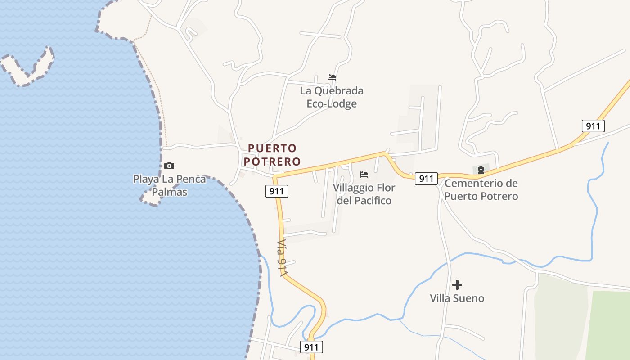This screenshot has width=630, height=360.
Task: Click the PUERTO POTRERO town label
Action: [x=274, y=154]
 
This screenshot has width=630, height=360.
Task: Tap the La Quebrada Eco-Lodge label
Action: [x=332, y=97]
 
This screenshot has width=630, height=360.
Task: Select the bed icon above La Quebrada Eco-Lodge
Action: [x=332, y=77]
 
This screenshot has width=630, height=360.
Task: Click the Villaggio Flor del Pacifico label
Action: [x=364, y=194]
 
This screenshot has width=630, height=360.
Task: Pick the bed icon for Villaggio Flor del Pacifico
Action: [x=364, y=174]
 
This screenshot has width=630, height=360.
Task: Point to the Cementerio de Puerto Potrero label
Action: [x=481, y=190]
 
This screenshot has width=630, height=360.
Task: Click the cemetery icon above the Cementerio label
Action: [x=481, y=170]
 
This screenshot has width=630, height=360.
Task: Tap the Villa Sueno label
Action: [x=457, y=298]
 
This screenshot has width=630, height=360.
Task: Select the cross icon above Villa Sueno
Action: [x=457, y=284]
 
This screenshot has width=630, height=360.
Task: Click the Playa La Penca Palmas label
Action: [x=169, y=185]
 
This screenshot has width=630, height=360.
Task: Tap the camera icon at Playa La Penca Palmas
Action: [x=169, y=166]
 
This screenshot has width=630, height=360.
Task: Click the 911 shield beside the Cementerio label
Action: [x=426, y=179]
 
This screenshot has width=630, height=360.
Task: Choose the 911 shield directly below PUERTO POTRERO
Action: [x=276, y=191]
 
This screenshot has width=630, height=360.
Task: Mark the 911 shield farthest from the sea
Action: [x=593, y=126]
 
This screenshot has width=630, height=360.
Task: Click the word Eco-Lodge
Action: [x=332, y=104]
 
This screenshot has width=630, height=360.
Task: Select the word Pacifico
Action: [x=364, y=201]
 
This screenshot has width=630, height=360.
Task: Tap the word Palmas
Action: [x=169, y=192]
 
